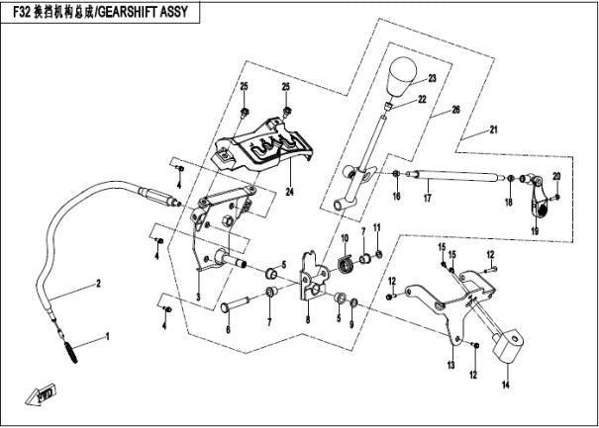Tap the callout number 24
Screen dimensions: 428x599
pyautogui.click(x=291, y=191)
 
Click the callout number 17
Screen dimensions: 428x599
pyautogui.click(x=427, y=199)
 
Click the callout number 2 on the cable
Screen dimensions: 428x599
pyautogui.click(x=98, y=285)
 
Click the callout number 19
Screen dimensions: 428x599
pyautogui.click(x=534, y=231)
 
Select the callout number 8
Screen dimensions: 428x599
pyautogui.click(x=308, y=320)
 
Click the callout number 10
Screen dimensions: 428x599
pyautogui.click(x=346, y=240)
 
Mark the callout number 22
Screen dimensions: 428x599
pyautogui.click(x=422, y=100)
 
